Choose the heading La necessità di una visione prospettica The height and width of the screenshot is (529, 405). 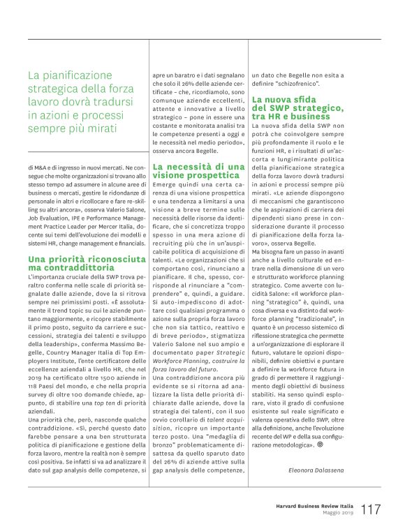point(198,171)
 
